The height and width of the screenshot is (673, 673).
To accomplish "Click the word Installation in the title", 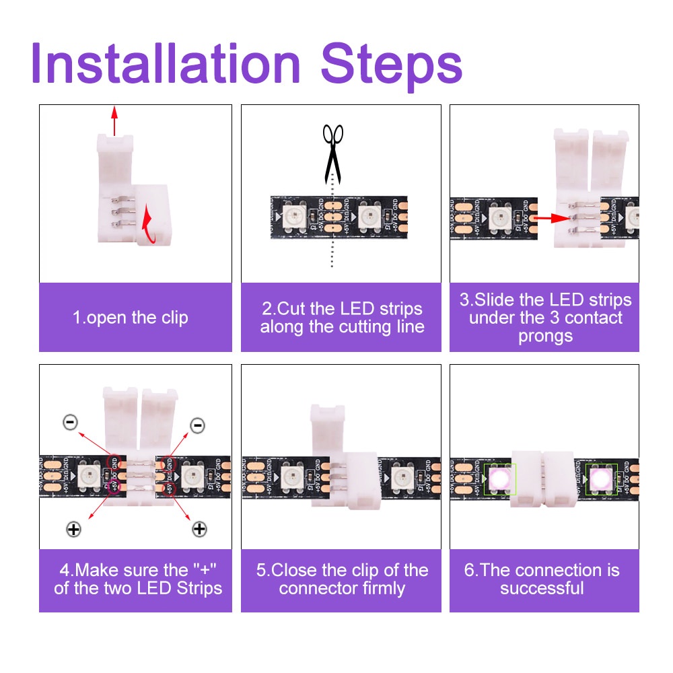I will pyautogui.click(x=165, y=64).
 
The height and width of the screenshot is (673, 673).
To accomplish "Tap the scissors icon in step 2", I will pyautogui.click(x=332, y=151).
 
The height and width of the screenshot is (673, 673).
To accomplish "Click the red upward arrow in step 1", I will pyautogui.click(x=114, y=121).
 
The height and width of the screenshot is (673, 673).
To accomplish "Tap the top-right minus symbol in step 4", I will pyautogui.click(x=197, y=425).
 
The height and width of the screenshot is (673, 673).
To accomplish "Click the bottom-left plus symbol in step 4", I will pyautogui.click(x=73, y=529).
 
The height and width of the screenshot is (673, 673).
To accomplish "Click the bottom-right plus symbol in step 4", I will pyautogui.click(x=199, y=529).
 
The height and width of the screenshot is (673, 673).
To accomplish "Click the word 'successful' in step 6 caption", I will pyautogui.click(x=542, y=588).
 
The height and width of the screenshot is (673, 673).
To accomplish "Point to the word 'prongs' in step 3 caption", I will pyautogui.click(x=544, y=336).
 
